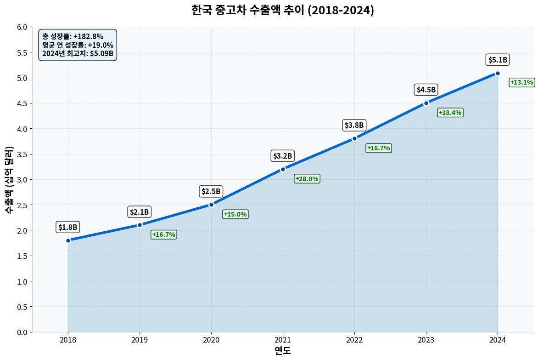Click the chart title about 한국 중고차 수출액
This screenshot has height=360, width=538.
pos(283,10)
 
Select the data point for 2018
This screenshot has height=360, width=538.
pos(68,240)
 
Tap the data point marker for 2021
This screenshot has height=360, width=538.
pos(283,169)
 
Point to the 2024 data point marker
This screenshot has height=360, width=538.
pos(498,73)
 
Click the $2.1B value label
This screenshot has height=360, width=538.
pos(139,212)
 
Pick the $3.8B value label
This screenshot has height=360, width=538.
pos(354,125)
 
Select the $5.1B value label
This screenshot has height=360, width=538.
pos(498,60)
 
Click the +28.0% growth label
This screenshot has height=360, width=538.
pos(307,179)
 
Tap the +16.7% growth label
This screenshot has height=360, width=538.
pos(163,234)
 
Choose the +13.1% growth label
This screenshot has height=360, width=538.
pos(521,82)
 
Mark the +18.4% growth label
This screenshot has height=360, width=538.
pos(450,113)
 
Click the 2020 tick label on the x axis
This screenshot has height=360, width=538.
pos(211,340)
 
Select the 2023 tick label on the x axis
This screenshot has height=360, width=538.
pos(426,340)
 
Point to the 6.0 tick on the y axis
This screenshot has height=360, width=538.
pos(22,27)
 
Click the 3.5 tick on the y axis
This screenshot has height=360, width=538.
pos(22,154)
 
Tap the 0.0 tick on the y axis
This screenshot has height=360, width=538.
pos(22,332)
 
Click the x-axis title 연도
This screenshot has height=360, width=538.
pos(283,351)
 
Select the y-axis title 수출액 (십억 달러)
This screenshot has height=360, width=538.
pos(9,179)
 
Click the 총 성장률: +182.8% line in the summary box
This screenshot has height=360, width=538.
pos(73,36)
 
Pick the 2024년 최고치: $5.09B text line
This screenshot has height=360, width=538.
pos(78,53)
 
